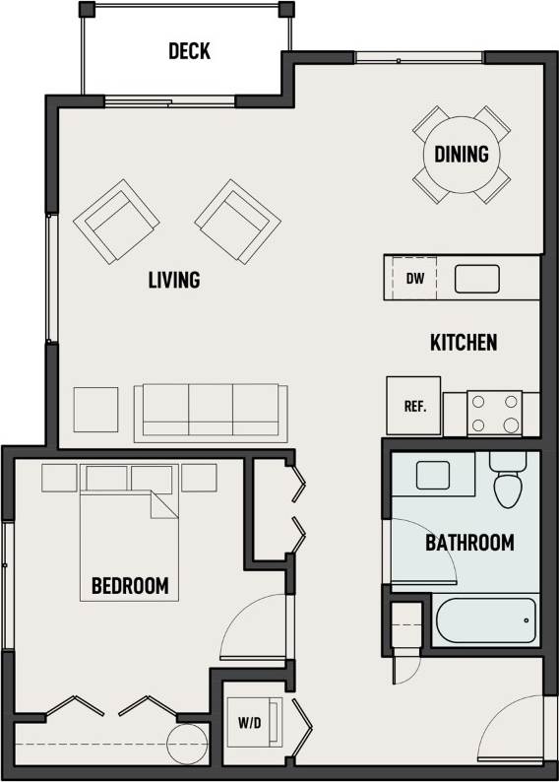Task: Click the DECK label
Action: (x=189, y=51)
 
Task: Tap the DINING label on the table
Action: (x=462, y=154)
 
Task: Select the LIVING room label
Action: (x=174, y=280)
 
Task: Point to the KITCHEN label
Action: (x=464, y=343)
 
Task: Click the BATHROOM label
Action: (x=469, y=543)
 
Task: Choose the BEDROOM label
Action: (x=130, y=586)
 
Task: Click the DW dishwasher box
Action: (x=415, y=278)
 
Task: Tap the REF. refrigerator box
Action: (x=413, y=405)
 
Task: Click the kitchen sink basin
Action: (x=476, y=279)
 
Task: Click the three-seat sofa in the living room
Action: (x=212, y=411)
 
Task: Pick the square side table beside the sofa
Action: (x=96, y=410)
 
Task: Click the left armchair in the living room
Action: (x=117, y=222)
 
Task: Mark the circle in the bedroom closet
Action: (x=187, y=745)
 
